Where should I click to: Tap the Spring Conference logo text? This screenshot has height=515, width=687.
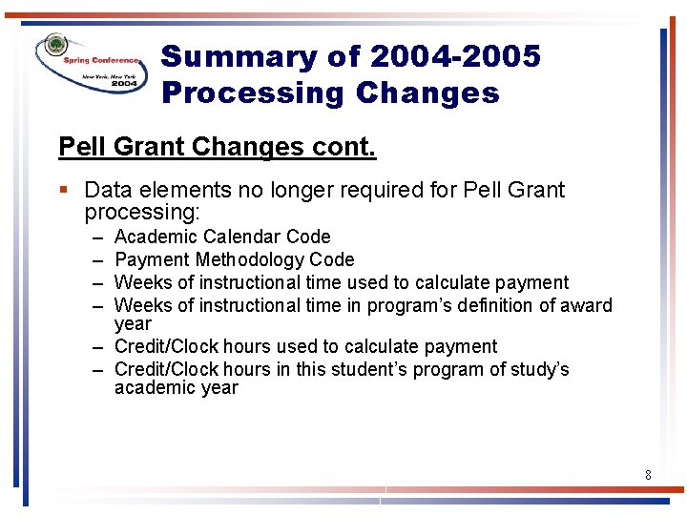(x=102, y=60)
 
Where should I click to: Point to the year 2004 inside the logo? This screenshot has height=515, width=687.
(x=123, y=84)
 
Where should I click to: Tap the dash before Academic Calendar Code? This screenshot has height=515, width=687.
(x=98, y=237)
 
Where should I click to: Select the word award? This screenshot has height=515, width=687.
(x=588, y=305)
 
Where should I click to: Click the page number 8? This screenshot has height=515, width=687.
(x=648, y=474)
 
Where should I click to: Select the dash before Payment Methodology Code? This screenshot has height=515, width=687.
(x=98, y=259)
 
